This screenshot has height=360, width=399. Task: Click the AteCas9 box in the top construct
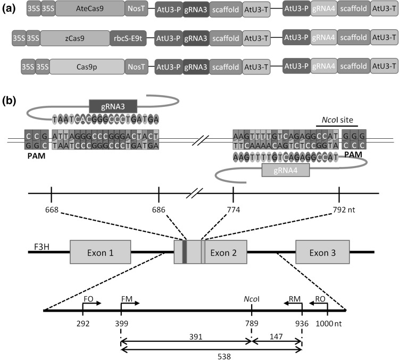[x=88, y=10]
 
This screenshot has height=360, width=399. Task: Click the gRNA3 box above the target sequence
[x=113, y=105]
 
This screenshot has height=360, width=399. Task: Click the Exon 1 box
[x=101, y=252]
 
